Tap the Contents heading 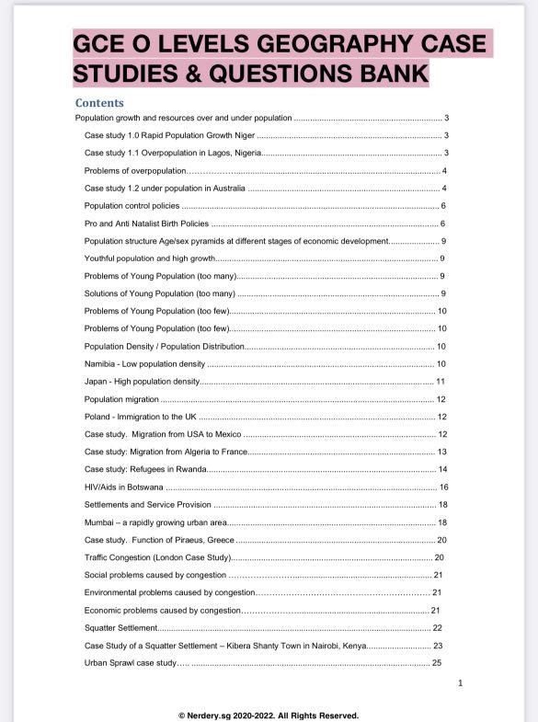point(99,102)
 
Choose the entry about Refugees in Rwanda point(145,469)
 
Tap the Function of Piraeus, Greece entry point(159,540)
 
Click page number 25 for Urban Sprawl point(437,662)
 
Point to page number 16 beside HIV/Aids point(443,487)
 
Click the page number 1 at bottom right point(460,682)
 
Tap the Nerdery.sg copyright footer point(269,715)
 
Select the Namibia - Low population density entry point(144,363)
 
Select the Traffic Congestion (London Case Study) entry point(157,557)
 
